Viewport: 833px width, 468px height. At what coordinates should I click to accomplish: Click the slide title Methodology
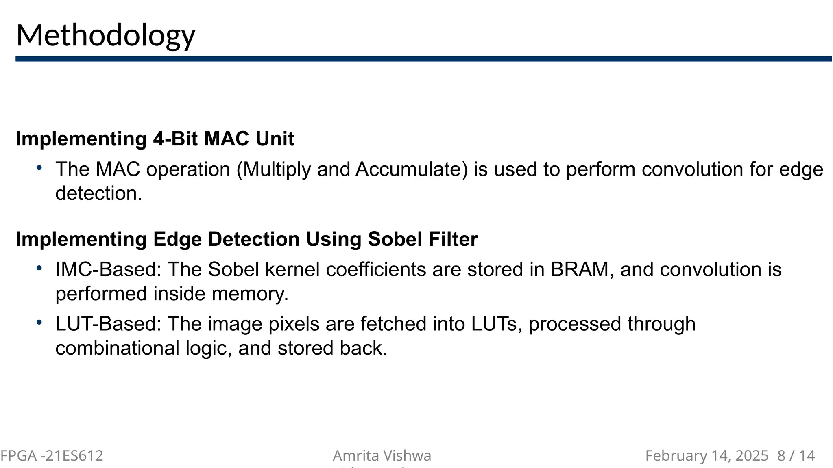(x=106, y=36)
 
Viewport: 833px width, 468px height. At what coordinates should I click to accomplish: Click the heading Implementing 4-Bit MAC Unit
(x=155, y=139)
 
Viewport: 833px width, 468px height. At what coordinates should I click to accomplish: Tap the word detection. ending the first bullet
(x=99, y=193)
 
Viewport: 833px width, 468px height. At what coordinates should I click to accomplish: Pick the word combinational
(x=117, y=348)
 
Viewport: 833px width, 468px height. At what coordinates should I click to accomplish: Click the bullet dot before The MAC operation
(x=39, y=167)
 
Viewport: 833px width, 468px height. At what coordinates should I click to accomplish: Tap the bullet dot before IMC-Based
(x=39, y=268)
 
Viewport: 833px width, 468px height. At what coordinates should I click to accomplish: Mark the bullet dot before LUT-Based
(x=39, y=322)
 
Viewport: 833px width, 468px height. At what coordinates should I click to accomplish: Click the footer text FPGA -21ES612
(x=52, y=456)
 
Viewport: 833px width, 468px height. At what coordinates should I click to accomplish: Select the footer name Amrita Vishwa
(x=382, y=456)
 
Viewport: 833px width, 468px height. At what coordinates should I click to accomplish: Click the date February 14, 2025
(x=707, y=456)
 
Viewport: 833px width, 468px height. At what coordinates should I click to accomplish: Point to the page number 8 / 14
(x=796, y=456)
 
